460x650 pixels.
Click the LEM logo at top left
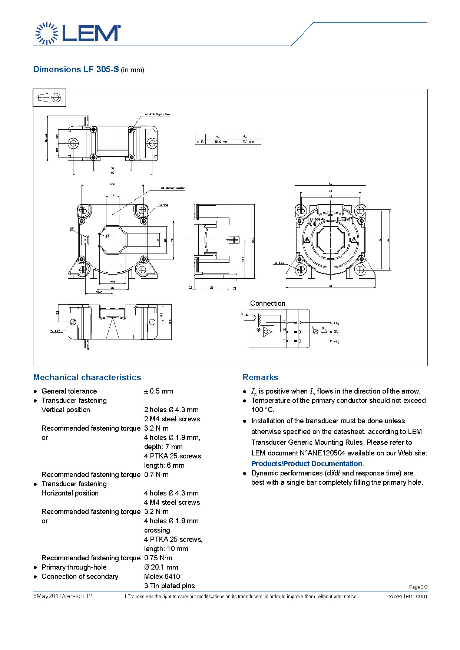point(78,33)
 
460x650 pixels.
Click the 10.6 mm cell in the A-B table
point(221,142)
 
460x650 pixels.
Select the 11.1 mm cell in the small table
point(248,142)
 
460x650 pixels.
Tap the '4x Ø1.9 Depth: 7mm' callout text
point(158,115)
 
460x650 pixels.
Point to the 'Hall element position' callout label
point(172,188)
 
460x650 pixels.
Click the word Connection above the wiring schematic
point(268,303)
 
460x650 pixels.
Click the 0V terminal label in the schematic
point(336,332)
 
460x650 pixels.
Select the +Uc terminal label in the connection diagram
point(336,323)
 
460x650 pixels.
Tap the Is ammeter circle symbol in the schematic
point(315,332)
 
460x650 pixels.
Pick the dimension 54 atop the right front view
point(330,184)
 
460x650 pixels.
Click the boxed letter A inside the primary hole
point(108,236)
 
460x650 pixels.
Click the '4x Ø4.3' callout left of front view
point(279,263)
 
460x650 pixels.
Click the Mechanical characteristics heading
point(87,377)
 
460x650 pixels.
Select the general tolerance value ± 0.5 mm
point(158,391)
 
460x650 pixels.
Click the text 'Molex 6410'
point(162,576)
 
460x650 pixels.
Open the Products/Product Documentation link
point(307,464)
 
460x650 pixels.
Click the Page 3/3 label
point(418,587)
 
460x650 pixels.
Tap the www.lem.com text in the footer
point(408,596)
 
